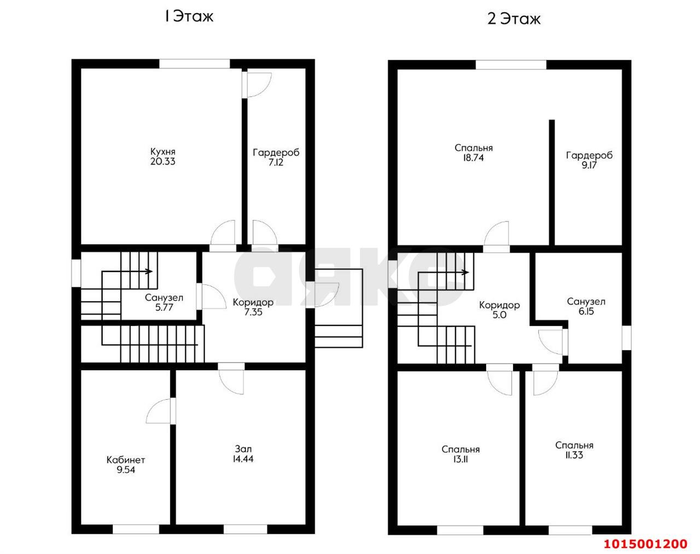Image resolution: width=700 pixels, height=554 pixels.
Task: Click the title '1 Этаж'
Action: [x=189, y=16]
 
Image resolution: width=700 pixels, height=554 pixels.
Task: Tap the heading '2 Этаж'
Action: [x=514, y=19]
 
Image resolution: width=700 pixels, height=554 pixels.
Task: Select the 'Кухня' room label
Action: [x=162, y=151]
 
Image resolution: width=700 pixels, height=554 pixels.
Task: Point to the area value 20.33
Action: [x=162, y=161]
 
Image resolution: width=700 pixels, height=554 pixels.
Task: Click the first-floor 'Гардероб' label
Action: [x=276, y=153]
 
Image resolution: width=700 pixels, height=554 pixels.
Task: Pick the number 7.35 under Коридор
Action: [x=253, y=312]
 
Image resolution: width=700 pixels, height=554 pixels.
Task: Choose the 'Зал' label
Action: [x=243, y=449]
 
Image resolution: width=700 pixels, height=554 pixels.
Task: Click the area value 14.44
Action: [x=243, y=459]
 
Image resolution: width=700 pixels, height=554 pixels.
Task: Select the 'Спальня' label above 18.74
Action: [x=473, y=148]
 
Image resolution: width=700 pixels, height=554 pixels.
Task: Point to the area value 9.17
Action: [x=589, y=165]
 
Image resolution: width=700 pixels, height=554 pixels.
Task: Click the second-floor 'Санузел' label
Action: [x=586, y=301]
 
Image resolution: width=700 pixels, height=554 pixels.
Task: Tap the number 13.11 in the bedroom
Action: [x=460, y=459]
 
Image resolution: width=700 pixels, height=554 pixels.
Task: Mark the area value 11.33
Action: [x=574, y=455]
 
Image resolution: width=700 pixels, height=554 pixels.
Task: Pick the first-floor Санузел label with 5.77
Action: [x=164, y=302]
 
